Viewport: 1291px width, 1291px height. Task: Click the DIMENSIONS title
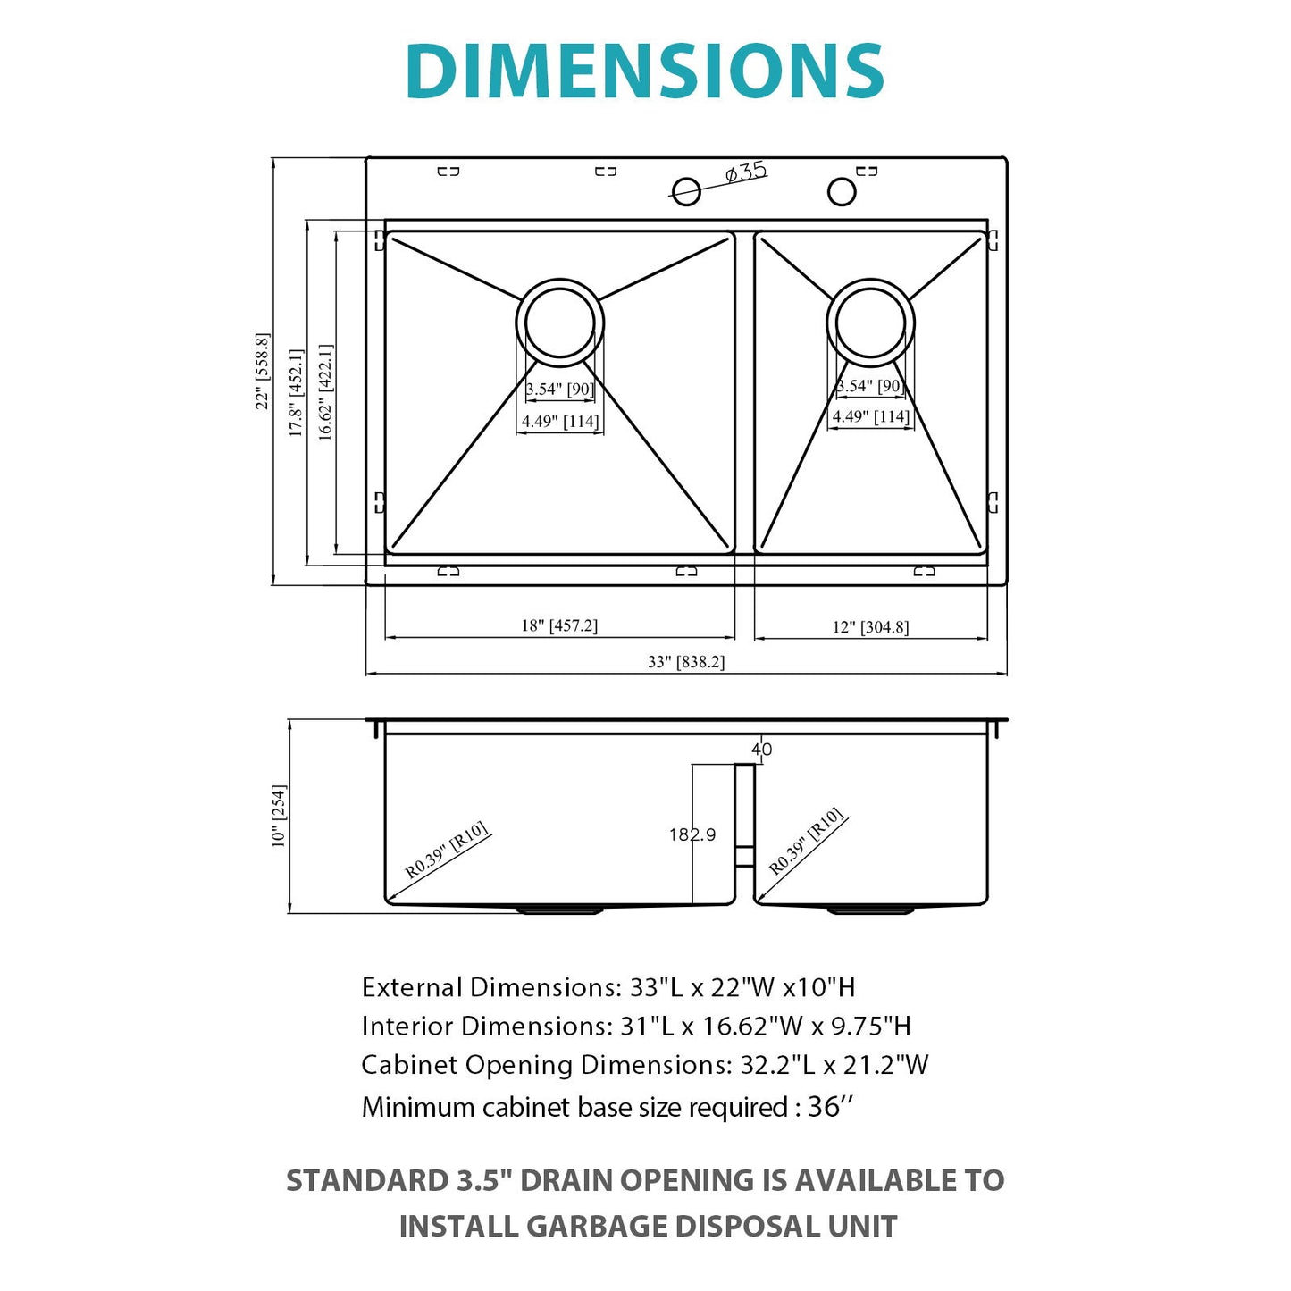pyautogui.click(x=644, y=71)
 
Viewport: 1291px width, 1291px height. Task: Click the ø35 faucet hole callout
pyautogui.click(x=744, y=172)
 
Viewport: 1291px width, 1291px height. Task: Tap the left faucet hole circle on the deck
pyautogui.click(x=686, y=190)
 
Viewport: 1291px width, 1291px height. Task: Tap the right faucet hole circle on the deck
pyautogui.click(x=841, y=190)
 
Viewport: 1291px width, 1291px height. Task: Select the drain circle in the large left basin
pyautogui.click(x=560, y=323)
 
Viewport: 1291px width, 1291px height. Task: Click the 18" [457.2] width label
pyautogui.click(x=559, y=625)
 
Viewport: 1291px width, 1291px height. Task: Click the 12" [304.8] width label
pyautogui.click(x=870, y=627)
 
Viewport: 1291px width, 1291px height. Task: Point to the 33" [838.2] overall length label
pyautogui.click(x=686, y=662)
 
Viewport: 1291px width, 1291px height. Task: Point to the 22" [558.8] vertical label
pyautogui.click(x=263, y=371)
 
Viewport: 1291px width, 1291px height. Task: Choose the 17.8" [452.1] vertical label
pyautogui.click(x=297, y=392)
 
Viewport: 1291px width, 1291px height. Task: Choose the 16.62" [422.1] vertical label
pyautogui.click(x=326, y=392)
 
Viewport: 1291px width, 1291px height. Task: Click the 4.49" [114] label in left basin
pyautogui.click(x=560, y=421)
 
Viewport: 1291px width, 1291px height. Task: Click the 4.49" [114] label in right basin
pyautogui.click(x=870, y=416)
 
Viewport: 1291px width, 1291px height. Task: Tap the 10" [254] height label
pyautogui.click(x=280, y=816)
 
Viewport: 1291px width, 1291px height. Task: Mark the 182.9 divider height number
pyautogui.click(x=692, y=834)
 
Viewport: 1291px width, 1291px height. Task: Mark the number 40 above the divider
pyautogui.click(x=761, y=750)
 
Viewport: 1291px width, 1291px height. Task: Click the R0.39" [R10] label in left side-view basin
pyautogui.click(x=446, y=850)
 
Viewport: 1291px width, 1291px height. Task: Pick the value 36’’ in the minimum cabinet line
pyautogui.click(x=830, y=1107)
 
